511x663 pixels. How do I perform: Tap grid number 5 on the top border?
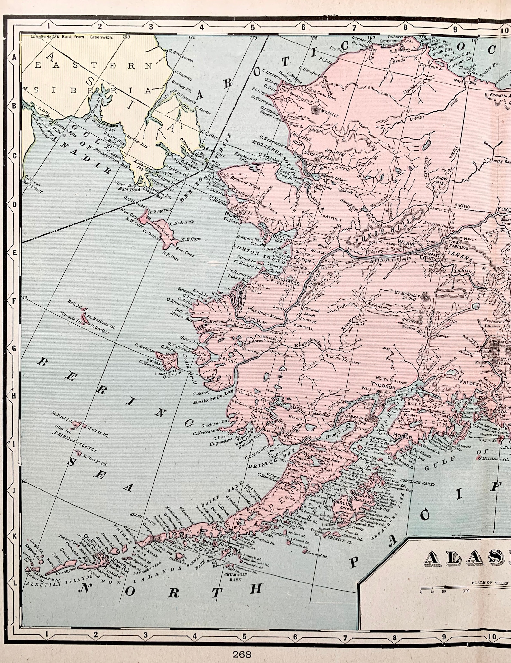pos(253,28)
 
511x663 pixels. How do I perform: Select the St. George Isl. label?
pos(94,459)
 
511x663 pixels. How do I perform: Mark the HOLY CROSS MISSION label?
pos(266,314)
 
